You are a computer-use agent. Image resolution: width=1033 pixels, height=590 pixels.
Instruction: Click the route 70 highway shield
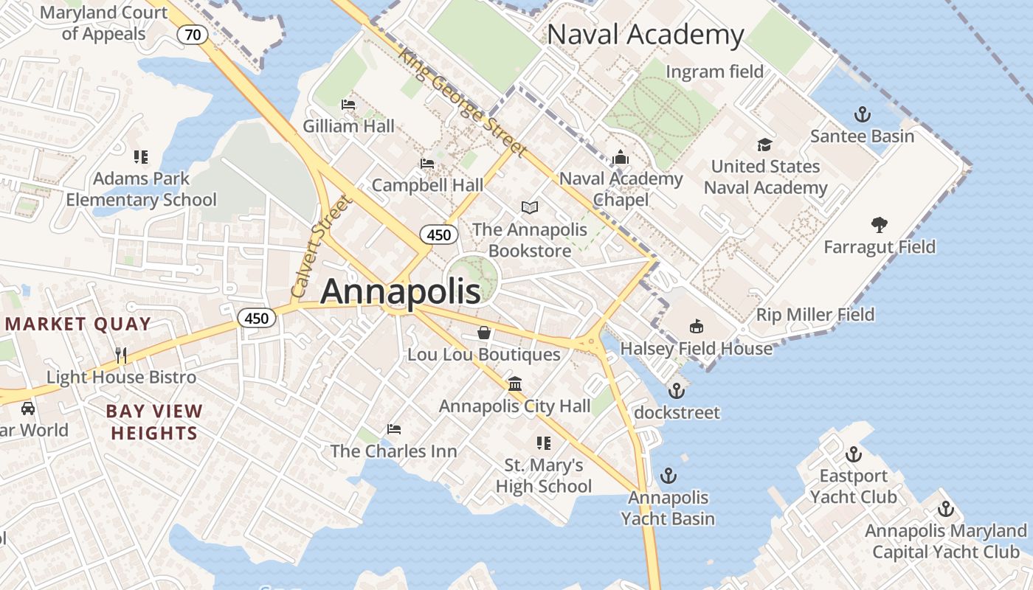tap(193, 35)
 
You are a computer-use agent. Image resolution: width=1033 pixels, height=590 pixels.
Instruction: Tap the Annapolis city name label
tap(401, 291)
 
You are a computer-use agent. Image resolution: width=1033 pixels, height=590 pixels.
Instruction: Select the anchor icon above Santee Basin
tap(862, 114)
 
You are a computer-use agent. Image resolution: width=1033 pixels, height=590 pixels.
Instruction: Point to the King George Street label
tap(462, 103)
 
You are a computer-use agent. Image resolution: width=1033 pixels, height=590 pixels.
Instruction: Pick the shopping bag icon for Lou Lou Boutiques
tap(484, 333)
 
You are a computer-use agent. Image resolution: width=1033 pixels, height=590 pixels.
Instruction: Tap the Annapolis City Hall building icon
tap(515, 384)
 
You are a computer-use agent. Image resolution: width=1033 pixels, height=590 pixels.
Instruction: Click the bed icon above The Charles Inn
tap(394, 429)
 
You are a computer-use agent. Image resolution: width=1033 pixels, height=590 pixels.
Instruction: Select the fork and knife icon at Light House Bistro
tap(121, 355)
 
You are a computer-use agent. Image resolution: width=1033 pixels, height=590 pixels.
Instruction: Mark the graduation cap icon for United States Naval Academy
tap(765, 145)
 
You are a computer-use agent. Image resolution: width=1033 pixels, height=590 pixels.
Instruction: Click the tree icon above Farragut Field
tap(879, 224)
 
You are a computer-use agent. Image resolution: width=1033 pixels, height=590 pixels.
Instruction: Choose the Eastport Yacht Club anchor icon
tap(854, 454)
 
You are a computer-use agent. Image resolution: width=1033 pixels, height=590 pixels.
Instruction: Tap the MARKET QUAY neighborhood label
tap(78, 324)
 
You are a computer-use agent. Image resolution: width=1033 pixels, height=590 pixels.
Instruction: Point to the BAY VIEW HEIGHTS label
tap(154, 422)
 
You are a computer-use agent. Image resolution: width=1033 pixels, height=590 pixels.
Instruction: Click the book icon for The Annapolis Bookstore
tap(530, 208)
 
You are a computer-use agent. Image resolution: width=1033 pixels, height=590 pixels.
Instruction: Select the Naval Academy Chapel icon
tap(621, 157)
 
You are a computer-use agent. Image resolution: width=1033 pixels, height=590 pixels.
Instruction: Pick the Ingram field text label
tap(714, 72)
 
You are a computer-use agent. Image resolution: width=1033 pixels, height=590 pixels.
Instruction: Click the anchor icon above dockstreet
tap(677, 391)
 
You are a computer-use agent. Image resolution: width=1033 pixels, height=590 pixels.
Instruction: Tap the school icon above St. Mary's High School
tap(544, 443)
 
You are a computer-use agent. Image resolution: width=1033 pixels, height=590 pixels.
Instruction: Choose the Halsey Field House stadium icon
tap(696, 326)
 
